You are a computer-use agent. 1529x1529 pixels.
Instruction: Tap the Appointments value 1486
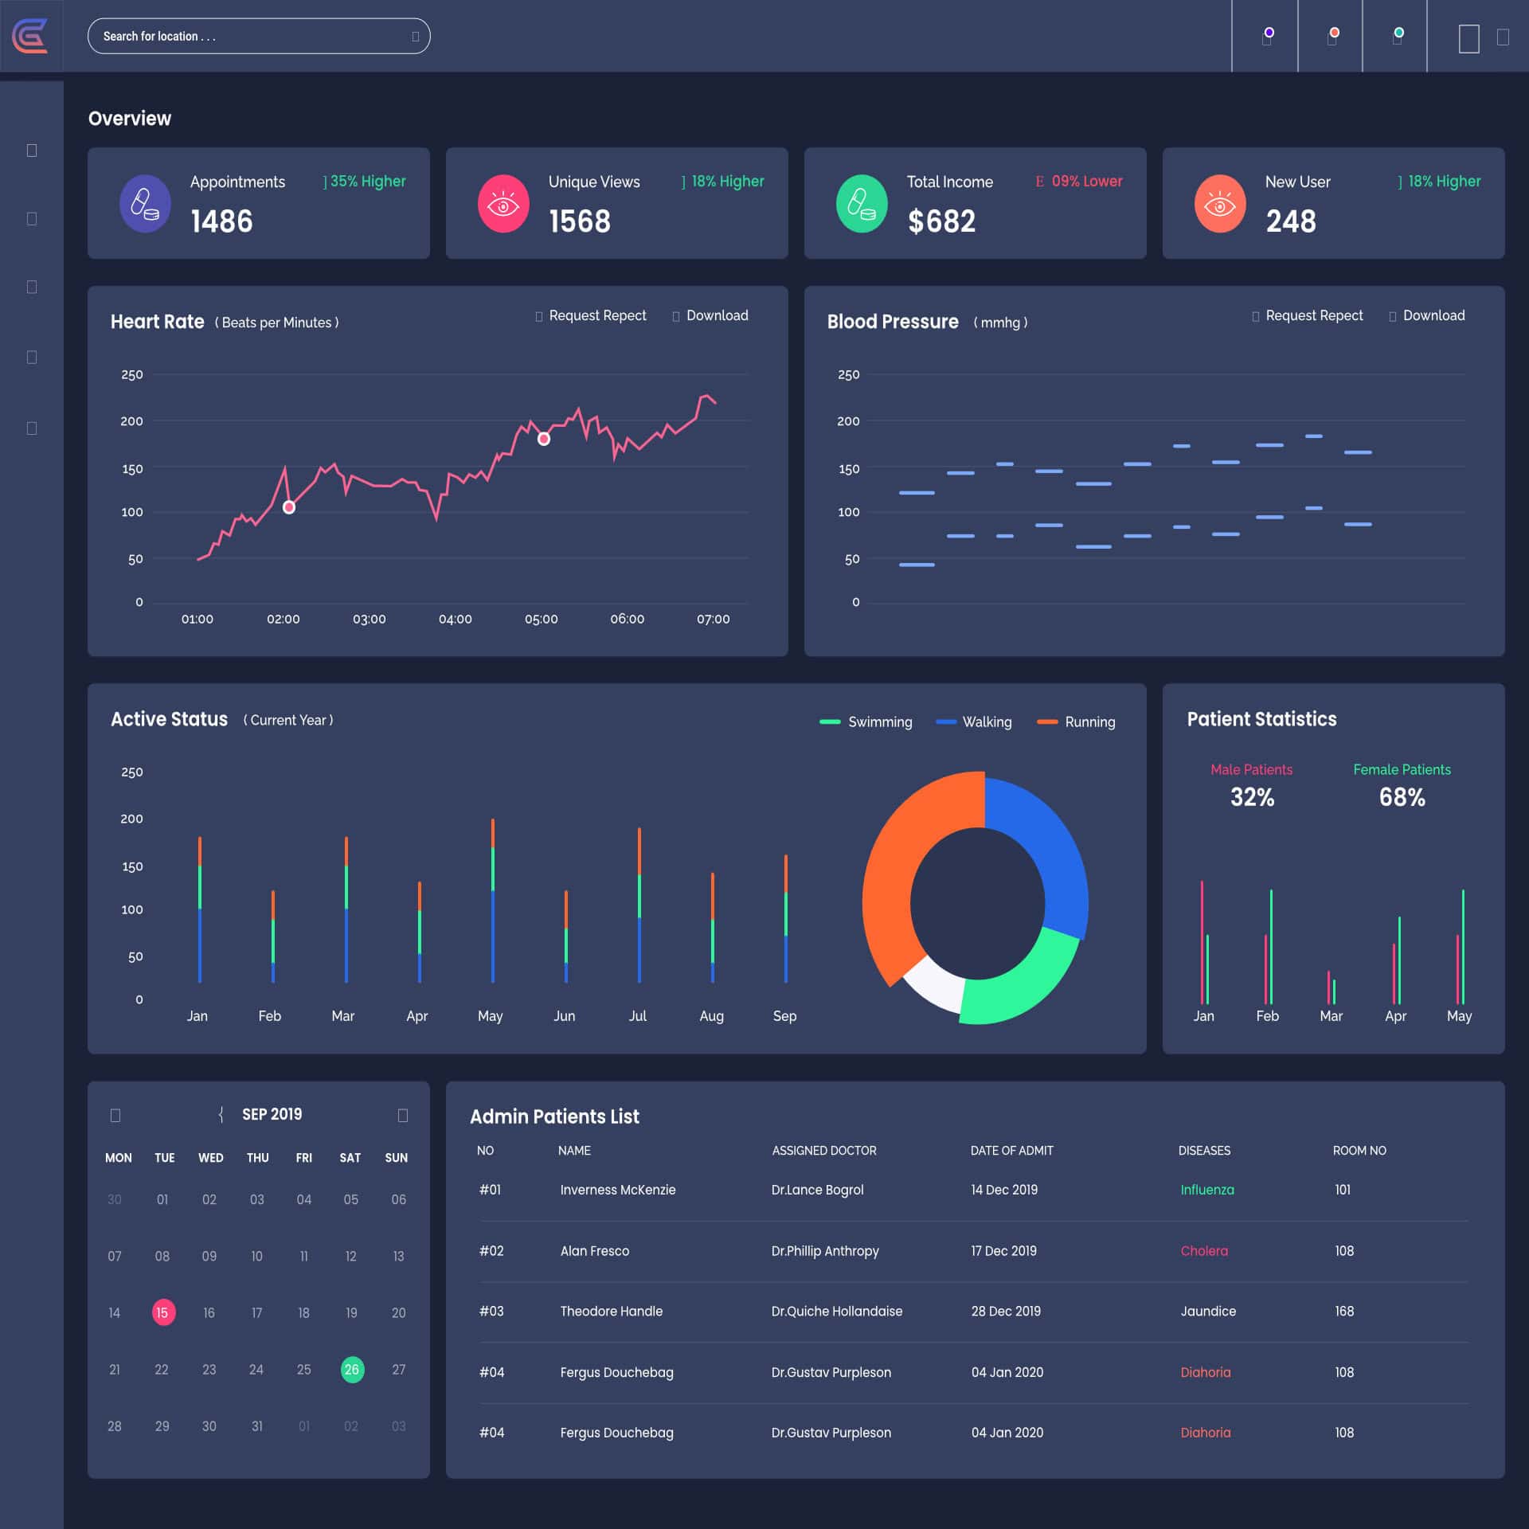click(x=221, y=221)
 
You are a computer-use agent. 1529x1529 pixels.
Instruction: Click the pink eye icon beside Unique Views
click(x=502, y=204)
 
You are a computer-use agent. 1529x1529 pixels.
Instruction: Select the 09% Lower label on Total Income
click(x=1086, y=182)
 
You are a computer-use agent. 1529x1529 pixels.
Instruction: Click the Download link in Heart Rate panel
click(x=716, y=316)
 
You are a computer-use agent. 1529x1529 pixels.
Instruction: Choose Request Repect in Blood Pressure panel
click(x=1313, y=316)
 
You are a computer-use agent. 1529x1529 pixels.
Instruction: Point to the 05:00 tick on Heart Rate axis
click(x=541, y=619)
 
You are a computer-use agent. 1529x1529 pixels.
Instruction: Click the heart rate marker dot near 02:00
click(x=289, y=507)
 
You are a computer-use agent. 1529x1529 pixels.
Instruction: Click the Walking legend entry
click(x=986, y=722)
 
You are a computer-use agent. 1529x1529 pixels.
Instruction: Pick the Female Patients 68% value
click(x=1402, y=797)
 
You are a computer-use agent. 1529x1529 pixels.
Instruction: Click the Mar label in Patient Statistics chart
click(x=1331, y=1016)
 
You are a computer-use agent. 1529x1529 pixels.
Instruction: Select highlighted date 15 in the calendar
click(x=162, y=1312)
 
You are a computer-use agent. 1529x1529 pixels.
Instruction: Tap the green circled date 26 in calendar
click(x=352, y=1370)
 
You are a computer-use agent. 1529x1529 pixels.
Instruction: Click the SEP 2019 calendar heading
click(x=272, y=1114)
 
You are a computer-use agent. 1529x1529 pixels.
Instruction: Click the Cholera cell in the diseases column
click(x=1203, y=1251)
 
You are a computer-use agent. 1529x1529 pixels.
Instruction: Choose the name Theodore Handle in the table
click(x=611, y=1312)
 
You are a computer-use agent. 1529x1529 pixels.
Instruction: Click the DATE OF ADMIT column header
click(x=1011, y=1151)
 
